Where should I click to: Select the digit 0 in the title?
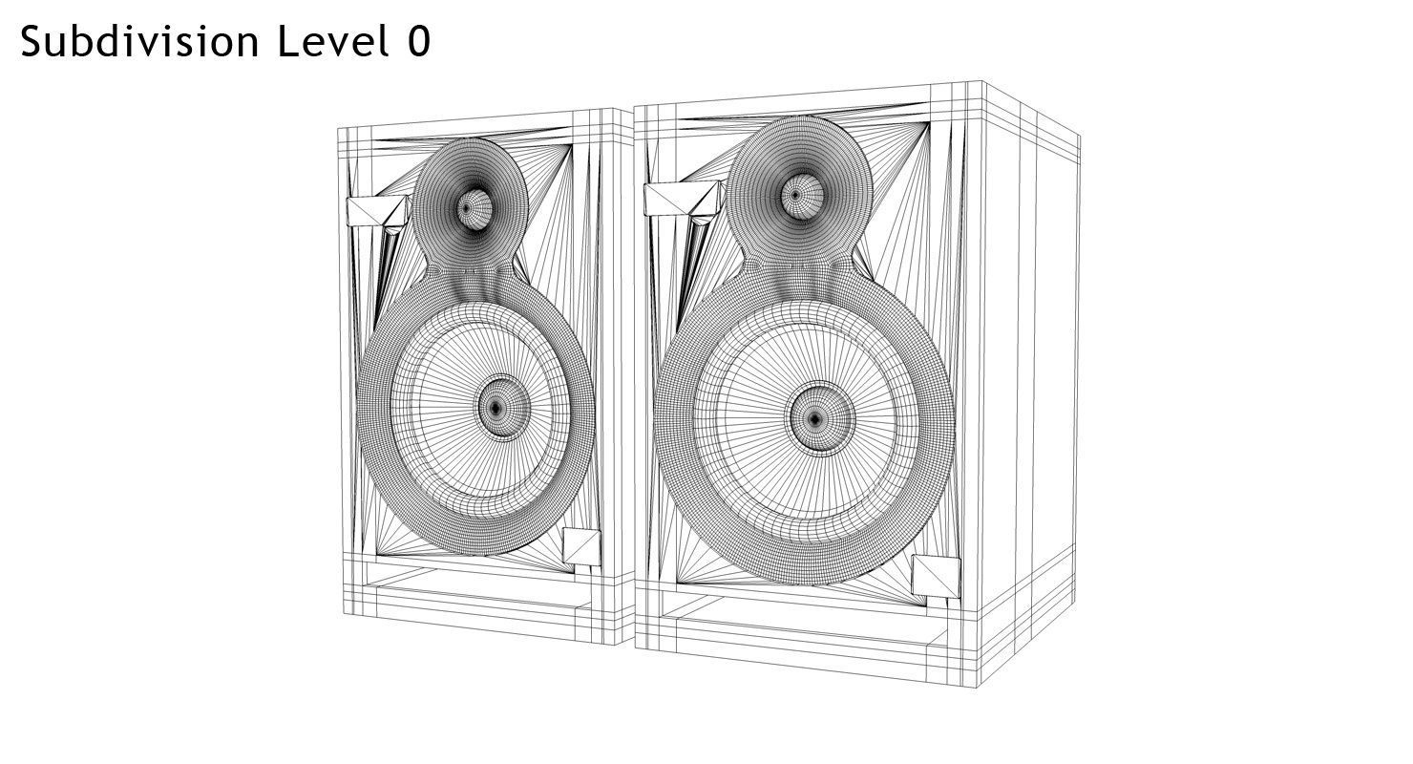pos(419,43)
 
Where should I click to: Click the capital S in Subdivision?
pos(34,43)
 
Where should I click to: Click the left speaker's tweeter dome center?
pos(467,207)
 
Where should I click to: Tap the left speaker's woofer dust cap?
pos(496,409)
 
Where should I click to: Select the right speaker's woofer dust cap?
pos(814,419)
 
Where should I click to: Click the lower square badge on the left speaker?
pos(581,546)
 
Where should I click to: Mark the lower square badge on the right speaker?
pos(935,575)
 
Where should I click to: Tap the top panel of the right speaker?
pos(812,94)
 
